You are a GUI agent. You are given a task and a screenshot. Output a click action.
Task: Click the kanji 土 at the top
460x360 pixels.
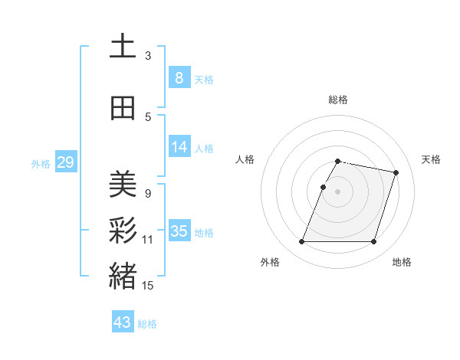click(x=123, y=47)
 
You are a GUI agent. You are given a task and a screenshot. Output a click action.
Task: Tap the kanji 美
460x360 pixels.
click(x=123, y=184)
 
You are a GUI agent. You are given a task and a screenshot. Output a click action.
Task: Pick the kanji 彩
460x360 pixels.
click(x=123, y=230)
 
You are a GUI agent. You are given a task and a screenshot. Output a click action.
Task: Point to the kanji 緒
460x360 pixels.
click(x=123, y=276)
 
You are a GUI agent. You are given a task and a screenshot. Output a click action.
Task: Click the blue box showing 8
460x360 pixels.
click(x=179, y=77)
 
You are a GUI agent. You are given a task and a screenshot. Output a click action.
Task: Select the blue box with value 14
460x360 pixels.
click(x=179, y=147)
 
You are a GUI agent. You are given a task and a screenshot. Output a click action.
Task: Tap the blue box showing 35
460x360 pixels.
click(x=179, y=231)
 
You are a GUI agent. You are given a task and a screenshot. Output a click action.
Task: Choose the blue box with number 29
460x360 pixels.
click(x=65, y=162)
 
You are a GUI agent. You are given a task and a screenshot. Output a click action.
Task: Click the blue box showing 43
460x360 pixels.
click(x=122, y=322)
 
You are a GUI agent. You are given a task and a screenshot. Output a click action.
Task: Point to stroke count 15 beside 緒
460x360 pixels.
click(x=148, y=286)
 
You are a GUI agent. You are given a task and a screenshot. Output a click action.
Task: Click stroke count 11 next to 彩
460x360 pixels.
click(x=148, y=240)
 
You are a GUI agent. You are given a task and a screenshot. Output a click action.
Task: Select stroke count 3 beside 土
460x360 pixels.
click(x=148, y=56)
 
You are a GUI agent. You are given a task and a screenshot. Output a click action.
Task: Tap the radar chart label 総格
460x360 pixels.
click(x=338, y=100)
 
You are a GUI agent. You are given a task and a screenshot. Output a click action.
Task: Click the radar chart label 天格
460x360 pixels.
click(x=431, y=159)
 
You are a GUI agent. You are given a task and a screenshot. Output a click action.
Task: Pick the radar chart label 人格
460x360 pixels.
click(x=245, y=159)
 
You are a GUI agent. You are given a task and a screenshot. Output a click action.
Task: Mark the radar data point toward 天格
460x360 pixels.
click(x=396, y=173)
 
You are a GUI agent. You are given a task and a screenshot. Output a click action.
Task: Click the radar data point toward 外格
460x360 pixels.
click(x=302, y=242)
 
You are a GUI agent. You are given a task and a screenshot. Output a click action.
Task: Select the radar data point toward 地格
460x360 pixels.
click(x=373, y=242)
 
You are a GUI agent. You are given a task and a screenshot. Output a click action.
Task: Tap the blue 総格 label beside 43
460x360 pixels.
click(x=148, y=324)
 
